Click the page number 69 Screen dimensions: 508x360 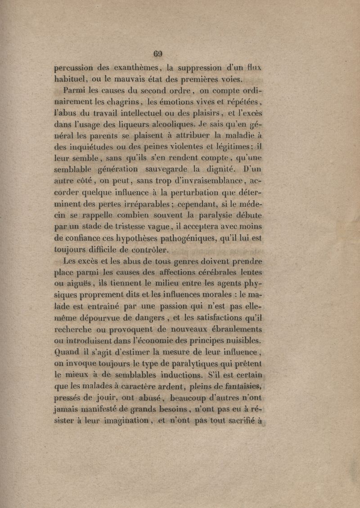[x=158, y=54]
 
